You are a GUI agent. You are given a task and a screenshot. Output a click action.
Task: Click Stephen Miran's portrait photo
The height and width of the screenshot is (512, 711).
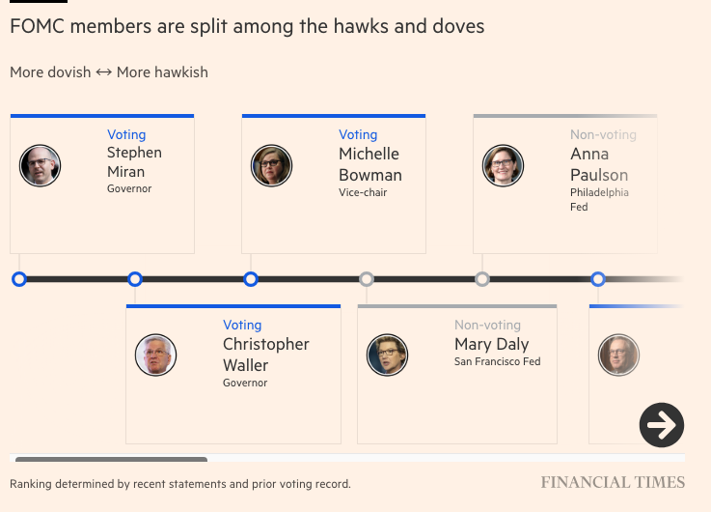click(41, 166)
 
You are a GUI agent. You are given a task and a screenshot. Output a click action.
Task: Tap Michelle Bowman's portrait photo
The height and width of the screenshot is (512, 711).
click(272, 166)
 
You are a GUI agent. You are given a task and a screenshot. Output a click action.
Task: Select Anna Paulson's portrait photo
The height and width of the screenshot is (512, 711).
click(504, 166)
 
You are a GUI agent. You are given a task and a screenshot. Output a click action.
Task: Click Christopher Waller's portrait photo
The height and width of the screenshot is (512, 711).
click(156, 356)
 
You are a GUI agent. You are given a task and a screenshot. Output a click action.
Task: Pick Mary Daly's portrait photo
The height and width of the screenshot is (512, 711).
click(388, 356)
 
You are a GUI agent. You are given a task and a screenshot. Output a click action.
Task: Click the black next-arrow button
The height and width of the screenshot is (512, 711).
click(662, 425)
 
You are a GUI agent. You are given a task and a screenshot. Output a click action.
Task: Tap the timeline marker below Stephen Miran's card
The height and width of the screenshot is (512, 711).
click(19, 279)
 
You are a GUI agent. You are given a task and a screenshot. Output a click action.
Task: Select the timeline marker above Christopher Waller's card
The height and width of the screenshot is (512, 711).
click(135, 279)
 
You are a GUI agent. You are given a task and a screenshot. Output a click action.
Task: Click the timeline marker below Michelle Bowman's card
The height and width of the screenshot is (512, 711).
click(251, 279)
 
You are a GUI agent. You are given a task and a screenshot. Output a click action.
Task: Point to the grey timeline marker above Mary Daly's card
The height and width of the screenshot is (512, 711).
click(367, 279)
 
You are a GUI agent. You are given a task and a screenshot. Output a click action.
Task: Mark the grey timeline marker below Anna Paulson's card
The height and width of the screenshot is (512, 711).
click(482, 279)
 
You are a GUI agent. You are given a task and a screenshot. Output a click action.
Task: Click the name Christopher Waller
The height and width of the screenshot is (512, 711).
click(265, 355)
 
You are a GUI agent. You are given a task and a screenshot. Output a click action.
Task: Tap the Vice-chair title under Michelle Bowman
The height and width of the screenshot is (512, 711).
click(363, 193)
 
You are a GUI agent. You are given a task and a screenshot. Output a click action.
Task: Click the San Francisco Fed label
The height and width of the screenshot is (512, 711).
click(497, 362)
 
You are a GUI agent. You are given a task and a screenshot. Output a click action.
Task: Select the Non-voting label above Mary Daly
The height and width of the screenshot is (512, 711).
click(487, 326)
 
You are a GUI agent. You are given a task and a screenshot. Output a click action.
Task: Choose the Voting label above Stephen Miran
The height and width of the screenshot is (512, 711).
click(126, 135)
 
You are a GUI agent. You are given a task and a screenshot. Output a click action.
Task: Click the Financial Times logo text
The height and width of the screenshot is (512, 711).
click(613, 483)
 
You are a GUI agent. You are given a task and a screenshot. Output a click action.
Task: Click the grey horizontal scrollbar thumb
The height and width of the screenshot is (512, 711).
click(111, 459)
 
